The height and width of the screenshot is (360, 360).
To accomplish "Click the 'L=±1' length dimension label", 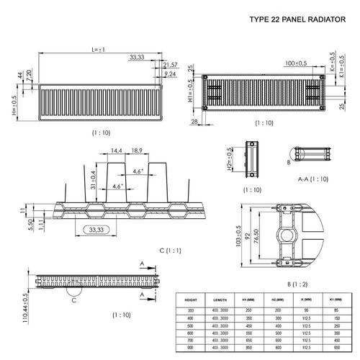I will point(99,50).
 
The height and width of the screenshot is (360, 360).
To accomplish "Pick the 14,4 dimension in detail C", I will point(116,151).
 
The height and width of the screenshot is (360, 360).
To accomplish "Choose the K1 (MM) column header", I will point(337,297).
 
